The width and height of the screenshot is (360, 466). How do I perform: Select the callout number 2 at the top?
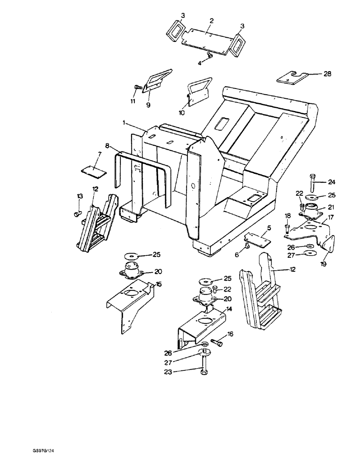(x=211, y=21)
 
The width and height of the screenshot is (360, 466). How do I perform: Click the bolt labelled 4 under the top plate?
(x=209, y=56)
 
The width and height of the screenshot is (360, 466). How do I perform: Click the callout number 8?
(x=107, y=145)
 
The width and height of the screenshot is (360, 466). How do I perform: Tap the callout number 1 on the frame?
(x=125, y=123)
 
